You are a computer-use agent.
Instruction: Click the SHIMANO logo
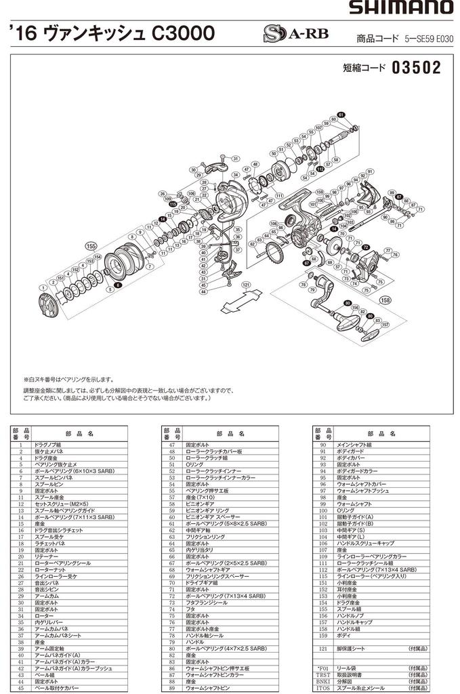401,7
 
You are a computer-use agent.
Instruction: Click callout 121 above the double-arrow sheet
245,285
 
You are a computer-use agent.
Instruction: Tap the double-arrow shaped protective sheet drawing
243,298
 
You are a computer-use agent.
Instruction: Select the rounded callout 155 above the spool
90,245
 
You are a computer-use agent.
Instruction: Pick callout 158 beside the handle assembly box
385,300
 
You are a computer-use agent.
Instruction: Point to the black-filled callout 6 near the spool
117,285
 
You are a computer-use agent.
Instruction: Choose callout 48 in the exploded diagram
255,164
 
